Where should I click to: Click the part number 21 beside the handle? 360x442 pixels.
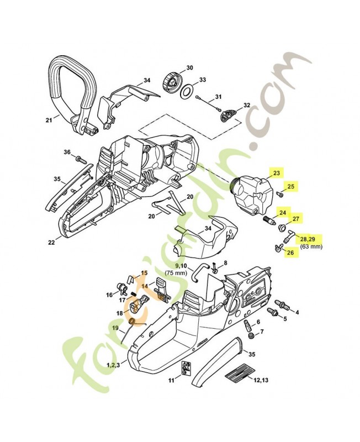[49, 119]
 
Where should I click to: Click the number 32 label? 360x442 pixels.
[246, 105]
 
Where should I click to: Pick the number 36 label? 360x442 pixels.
[67, 152]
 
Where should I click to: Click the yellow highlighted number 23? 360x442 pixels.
[277, 172]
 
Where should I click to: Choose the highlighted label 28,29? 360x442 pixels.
[308, 238]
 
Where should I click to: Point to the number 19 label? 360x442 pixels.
[115, 328]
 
